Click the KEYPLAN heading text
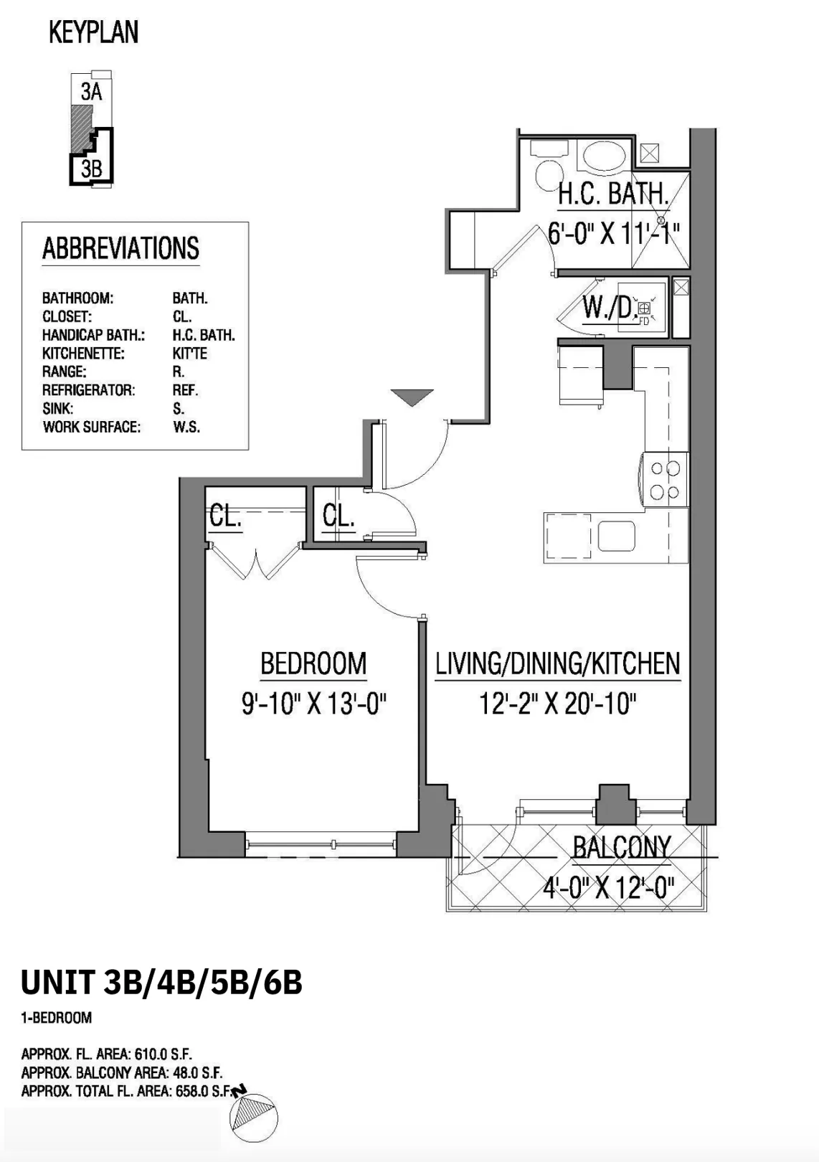(93, 33)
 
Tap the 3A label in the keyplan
(91, 92)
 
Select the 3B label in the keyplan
(91, 169)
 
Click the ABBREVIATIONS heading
(120, 249)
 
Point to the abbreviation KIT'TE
(189, 354)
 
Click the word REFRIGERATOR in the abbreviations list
(88, 390)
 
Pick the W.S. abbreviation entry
(186, 428)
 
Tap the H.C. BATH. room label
(613, 194)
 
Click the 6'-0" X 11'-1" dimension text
(613, 233)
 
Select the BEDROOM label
(313, 663)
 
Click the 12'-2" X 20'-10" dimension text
(558, 704)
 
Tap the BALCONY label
(621, 848)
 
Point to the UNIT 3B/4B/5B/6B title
(161, 983)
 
